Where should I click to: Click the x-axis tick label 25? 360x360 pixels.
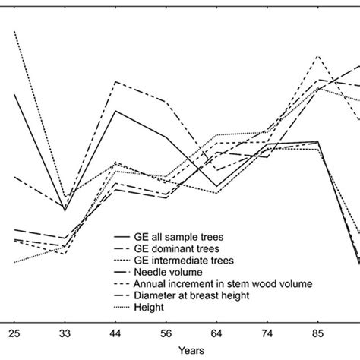[14, 332]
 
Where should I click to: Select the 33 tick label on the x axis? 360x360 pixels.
[65, 332]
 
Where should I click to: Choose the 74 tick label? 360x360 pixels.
[268, 332]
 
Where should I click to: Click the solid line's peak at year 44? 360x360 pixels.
[115, 111]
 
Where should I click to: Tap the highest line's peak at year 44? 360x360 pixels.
[115, 82]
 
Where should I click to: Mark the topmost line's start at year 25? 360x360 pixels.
[14, 31]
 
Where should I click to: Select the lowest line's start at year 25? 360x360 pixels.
[14, 263]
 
